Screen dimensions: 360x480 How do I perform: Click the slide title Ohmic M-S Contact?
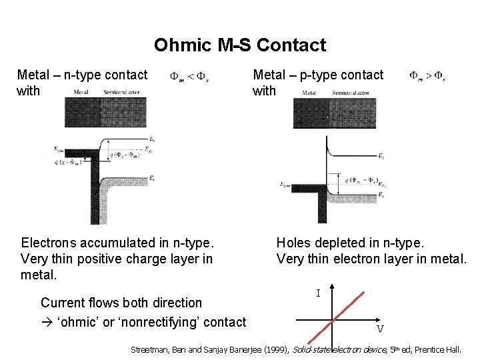240,45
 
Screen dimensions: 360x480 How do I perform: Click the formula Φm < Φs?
189,76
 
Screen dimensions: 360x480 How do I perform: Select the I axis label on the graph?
318,293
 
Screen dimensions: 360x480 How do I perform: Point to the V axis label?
379,329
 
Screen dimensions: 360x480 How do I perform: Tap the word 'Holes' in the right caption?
293,243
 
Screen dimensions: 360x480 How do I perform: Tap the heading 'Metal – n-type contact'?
82,75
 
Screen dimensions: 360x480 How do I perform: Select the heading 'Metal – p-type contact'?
318,75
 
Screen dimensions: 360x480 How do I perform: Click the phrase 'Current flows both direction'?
121,303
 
